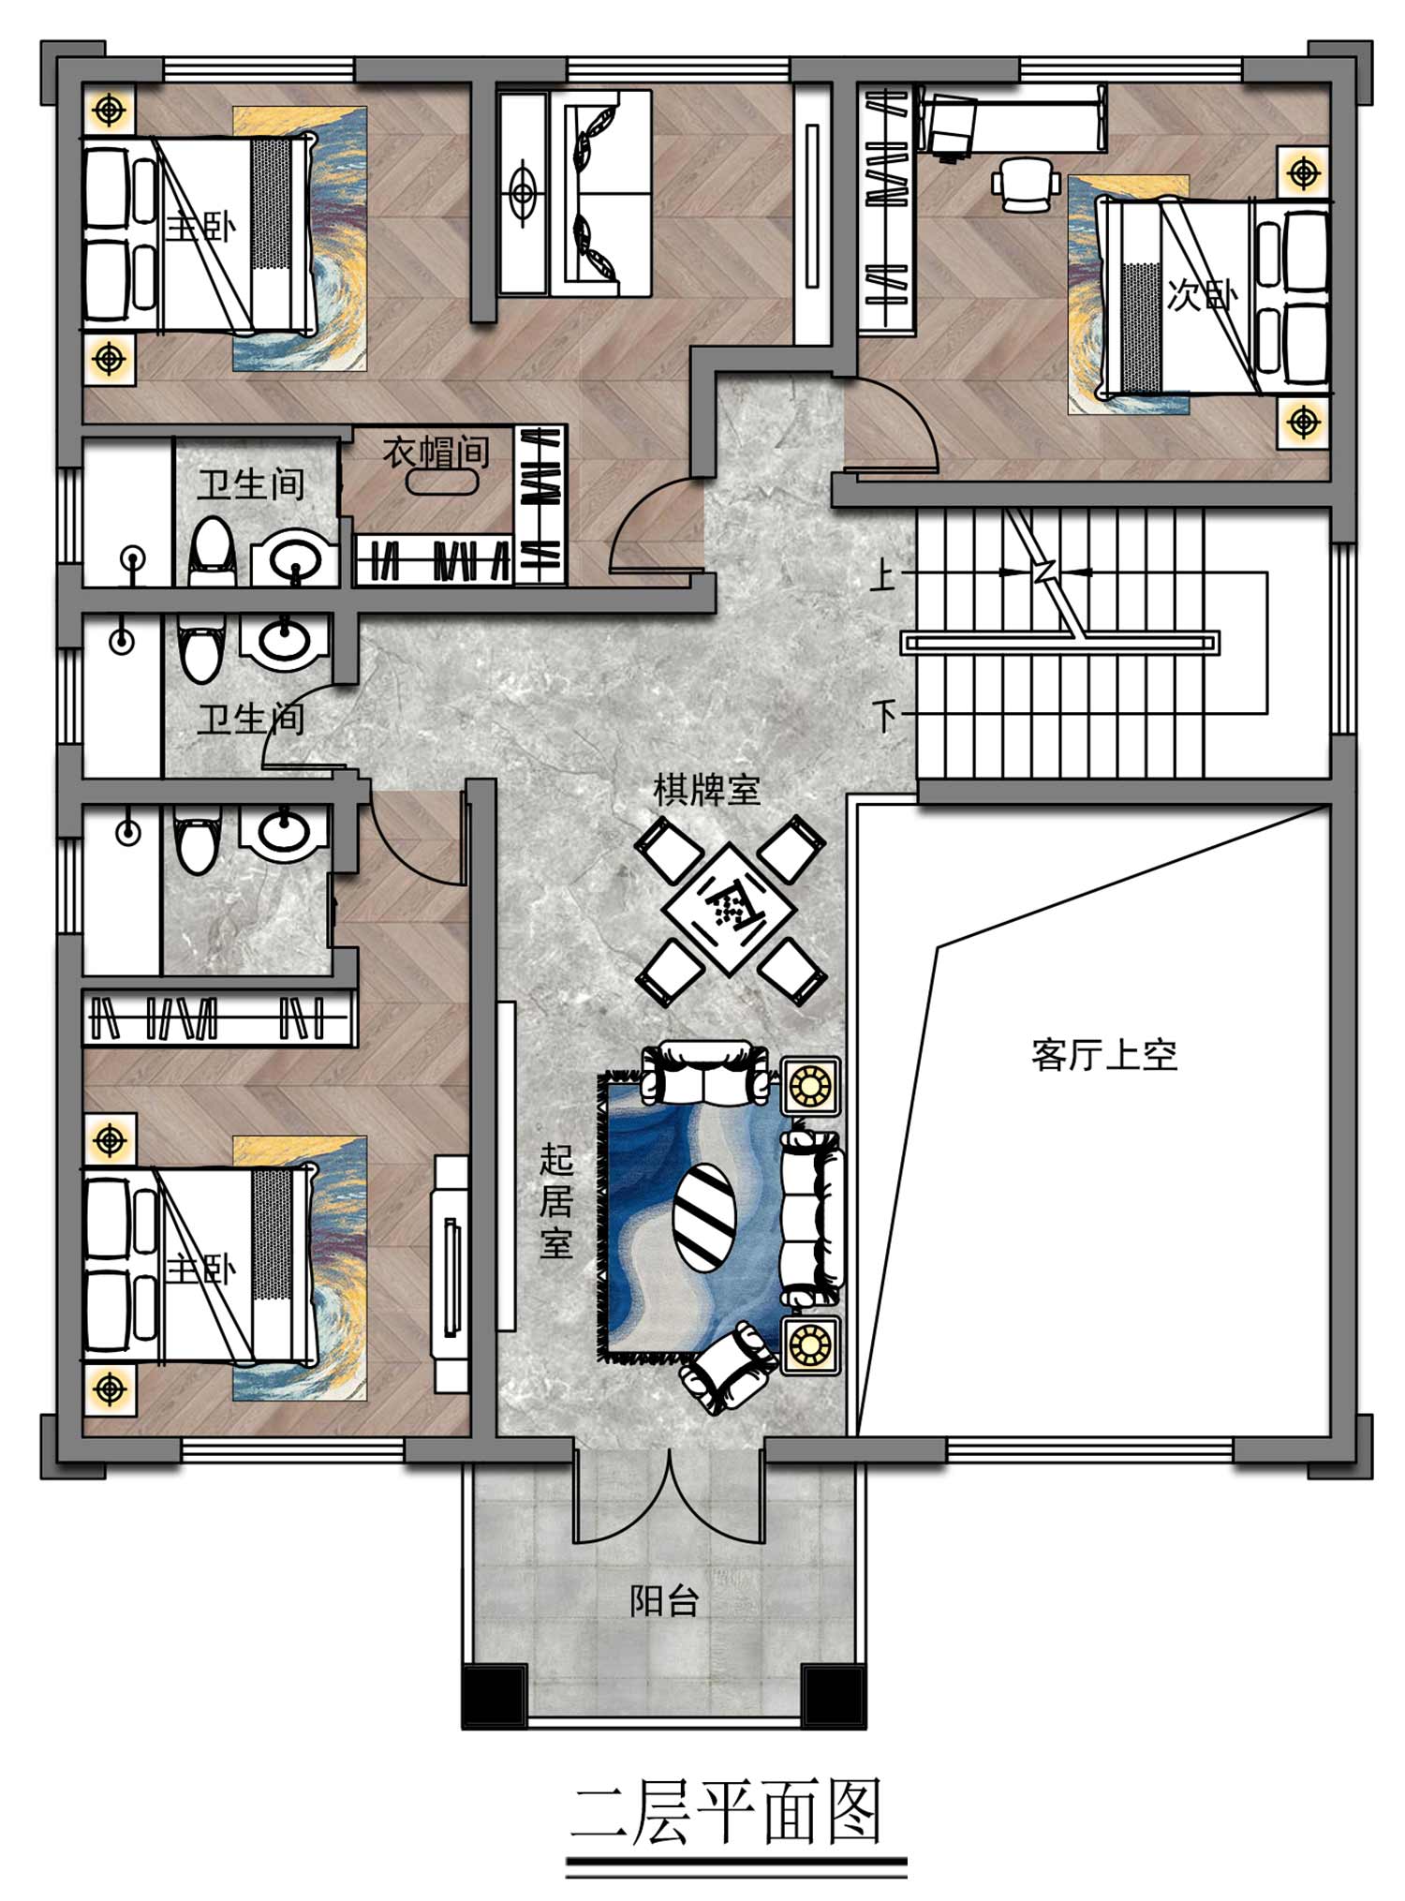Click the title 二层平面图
[x=727, y=1813]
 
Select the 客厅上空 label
[x=1104, y=1055]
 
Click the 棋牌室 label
[x=706, y=790]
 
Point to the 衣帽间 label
[x=436, y=453]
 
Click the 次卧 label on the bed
[x=1202, y=295]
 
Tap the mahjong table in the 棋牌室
[x=730, y=909]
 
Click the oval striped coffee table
[x=704, y=1216]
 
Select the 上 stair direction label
[x=882, y=574]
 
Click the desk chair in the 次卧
[x=1026, y=185]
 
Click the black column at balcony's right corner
[x=834, y=1699]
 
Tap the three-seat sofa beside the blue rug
[x=812, y=1218]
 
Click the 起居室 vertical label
[x=556, y=1203]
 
